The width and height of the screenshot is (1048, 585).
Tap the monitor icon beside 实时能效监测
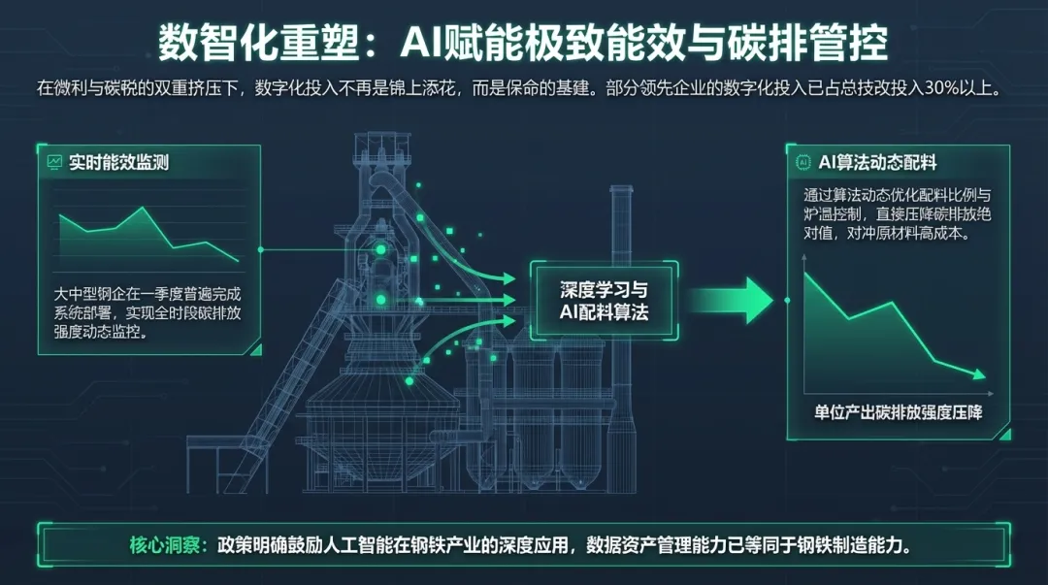(x=55, y=162)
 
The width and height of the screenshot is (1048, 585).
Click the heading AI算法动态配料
(x=877, y=161)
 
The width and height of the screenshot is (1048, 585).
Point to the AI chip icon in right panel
(x=802, y=161)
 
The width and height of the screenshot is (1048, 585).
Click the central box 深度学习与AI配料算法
(x=604, y=301)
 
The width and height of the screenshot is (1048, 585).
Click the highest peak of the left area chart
(x=143, y=208)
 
